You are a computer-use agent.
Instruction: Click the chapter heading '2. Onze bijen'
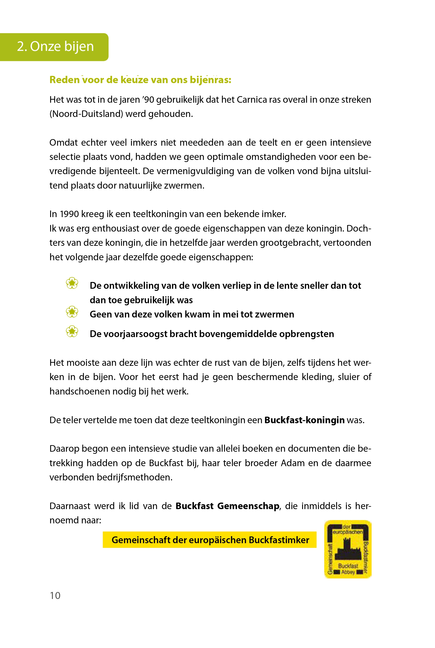click(x=55, y=46)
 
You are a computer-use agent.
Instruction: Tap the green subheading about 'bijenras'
click(x=140, y=80)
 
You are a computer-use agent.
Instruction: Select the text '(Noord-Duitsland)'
click(x=86, y=114)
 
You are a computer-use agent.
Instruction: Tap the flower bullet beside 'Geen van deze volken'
click(x=72, y=312)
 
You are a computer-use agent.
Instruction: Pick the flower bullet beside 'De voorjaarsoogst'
click(x=72, y=331)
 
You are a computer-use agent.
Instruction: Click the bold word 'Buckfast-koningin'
click(x=304, y=420)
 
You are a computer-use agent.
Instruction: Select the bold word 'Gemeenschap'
click(x=248, y=506)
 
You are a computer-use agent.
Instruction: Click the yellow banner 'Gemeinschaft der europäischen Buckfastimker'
click(x=210, y=540)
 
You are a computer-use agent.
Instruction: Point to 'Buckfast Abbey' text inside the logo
click(x=348, y=569)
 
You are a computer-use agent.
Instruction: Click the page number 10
click(x=55, y=595)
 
